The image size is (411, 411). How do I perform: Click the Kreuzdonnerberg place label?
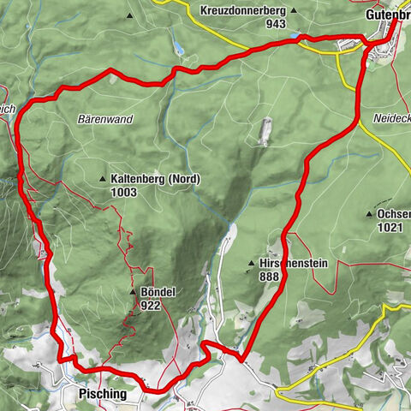[x=242, y=11]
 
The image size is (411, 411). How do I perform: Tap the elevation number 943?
[x=275, y=24]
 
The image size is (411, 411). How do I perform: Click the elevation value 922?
[x=153, y=305]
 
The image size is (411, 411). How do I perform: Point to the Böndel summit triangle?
[x=133, y=292]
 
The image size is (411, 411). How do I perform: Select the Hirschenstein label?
[x=293, y=264]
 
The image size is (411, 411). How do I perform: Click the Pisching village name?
[x=102, y=395]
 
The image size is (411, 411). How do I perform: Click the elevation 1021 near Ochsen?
[x=389, y=227]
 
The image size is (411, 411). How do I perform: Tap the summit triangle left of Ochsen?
[x=369, y=213]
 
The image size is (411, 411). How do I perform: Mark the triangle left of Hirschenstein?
[x=251, y=264]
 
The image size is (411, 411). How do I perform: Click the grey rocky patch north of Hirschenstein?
[x=262, y=130]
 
